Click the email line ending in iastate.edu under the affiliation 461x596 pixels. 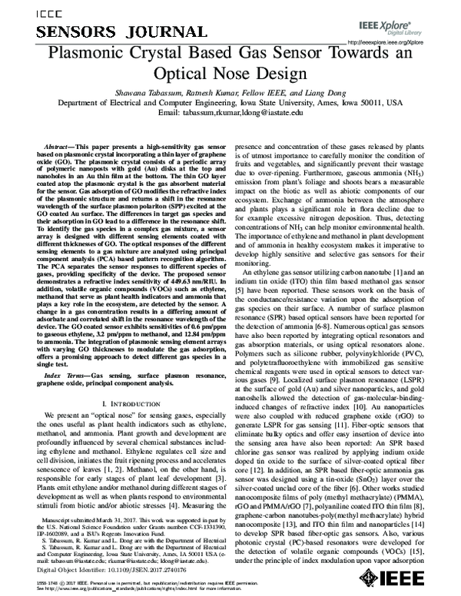coord(231,111)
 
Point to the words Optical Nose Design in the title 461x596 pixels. coord(231,74)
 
